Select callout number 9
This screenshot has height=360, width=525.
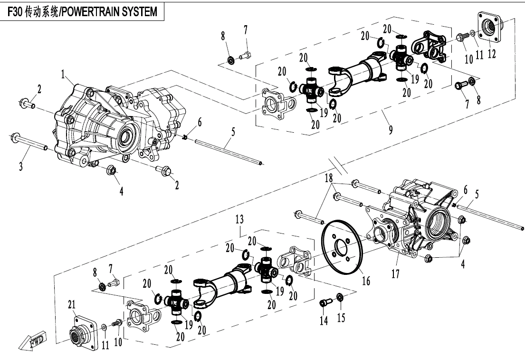coord(391,129)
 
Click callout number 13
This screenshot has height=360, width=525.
coord(239,219)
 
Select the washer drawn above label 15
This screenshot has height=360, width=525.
coord(341,298)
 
